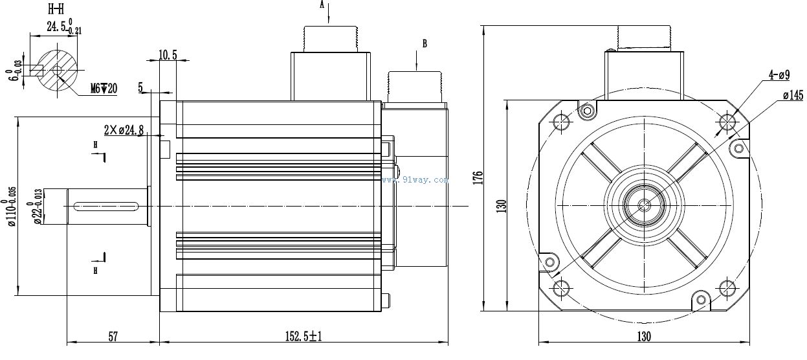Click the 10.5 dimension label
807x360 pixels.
click(x=168, y=54)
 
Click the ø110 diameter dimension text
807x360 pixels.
click(x=12, y=206)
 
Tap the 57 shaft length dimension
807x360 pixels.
click(x=113, y=336)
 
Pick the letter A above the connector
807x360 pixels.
click(x=322, y=5)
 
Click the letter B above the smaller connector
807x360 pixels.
click(x=425, y=43)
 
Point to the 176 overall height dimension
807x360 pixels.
click(x=478, y=178)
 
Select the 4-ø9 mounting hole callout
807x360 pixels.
click(x=779, y=76)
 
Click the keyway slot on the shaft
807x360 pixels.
click(x=107, y=207)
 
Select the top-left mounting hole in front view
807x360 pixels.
click(x=561, y=122)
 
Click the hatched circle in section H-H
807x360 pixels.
click(x=57, y=71)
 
